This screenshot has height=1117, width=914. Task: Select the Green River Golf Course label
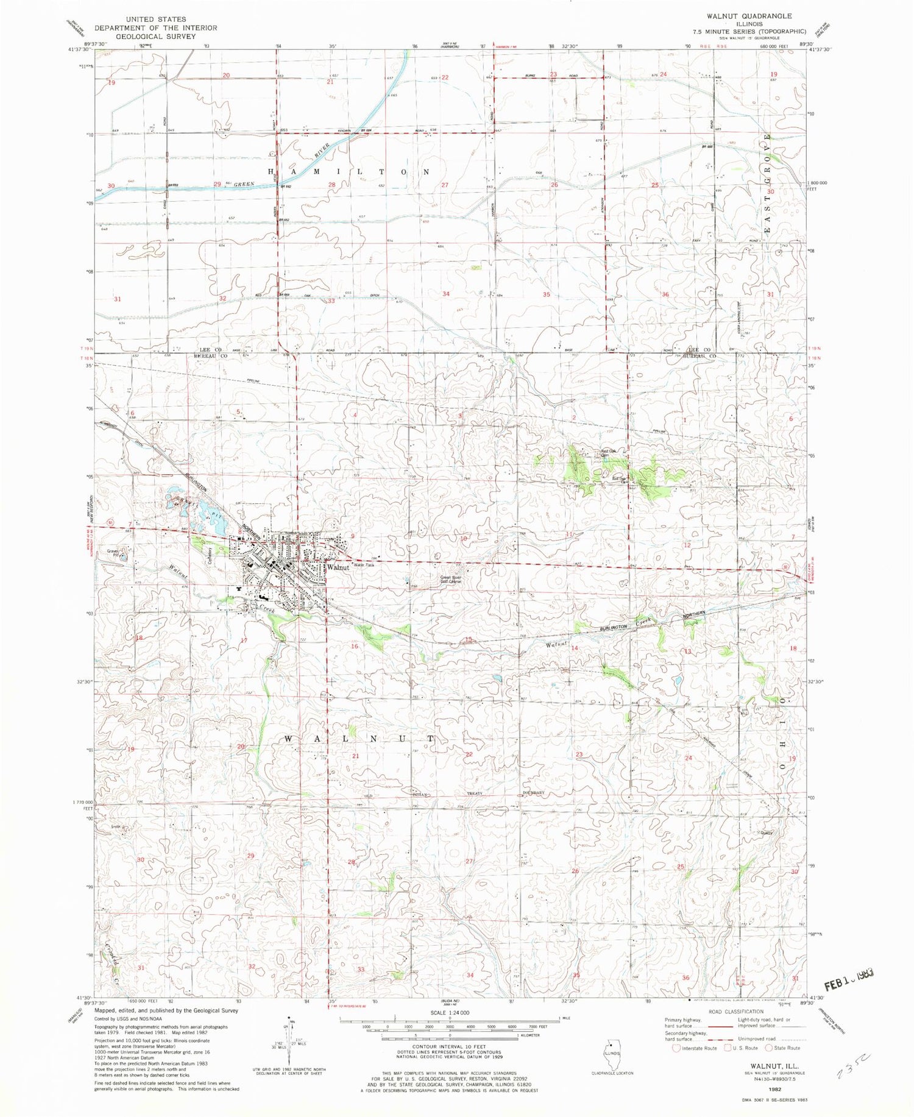[451, 580]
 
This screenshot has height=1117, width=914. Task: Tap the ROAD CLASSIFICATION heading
[735, 1012]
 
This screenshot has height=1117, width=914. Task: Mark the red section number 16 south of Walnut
[355, 646]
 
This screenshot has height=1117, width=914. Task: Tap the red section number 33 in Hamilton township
[331, 301]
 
